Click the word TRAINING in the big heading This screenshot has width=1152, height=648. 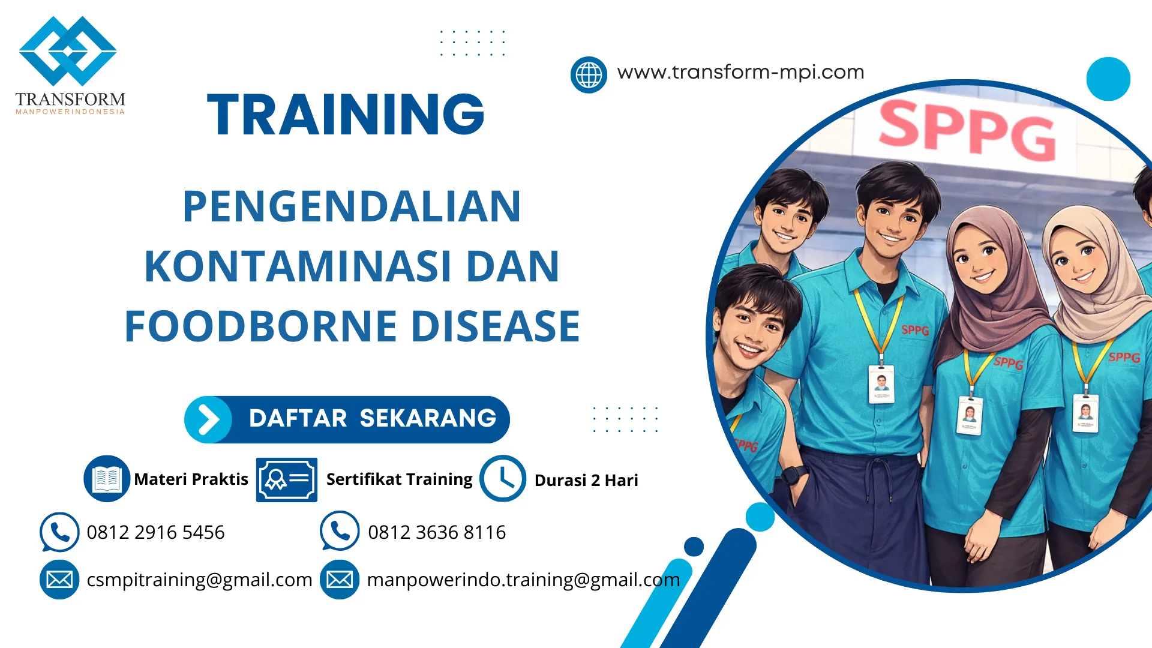(346, 115)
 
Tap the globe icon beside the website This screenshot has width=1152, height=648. (589, 75)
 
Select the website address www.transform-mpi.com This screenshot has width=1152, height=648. (740, 72)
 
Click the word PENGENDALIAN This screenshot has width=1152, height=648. (352, 207)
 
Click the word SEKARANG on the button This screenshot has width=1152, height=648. (428, 419)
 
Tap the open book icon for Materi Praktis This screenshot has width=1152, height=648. (107, 479)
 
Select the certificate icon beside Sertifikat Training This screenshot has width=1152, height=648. (287, 479)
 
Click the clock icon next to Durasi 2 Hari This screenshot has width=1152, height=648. (503, 479)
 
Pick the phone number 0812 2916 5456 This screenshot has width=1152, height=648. (155, 532)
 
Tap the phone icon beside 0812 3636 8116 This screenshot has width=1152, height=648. (340, 531)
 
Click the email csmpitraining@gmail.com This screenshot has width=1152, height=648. (199, 580)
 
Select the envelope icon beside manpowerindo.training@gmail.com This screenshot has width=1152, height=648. (340, 580)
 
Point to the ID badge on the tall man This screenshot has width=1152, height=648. (881, 383)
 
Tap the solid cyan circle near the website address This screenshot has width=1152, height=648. (1108, 79)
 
